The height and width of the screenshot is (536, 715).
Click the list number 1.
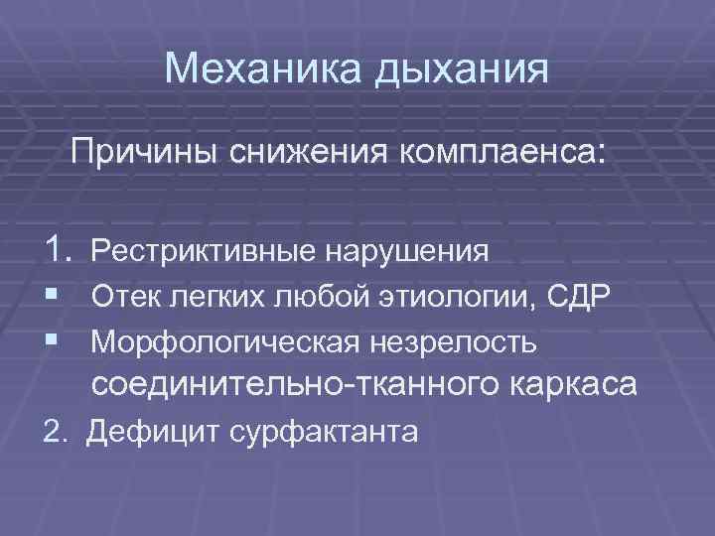pyautogui.click(x=59, y=251)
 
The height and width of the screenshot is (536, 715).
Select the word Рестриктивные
pyautogui.click(x=204, y=252)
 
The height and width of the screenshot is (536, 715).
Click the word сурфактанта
pyautogui.click(x=322, y=433)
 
